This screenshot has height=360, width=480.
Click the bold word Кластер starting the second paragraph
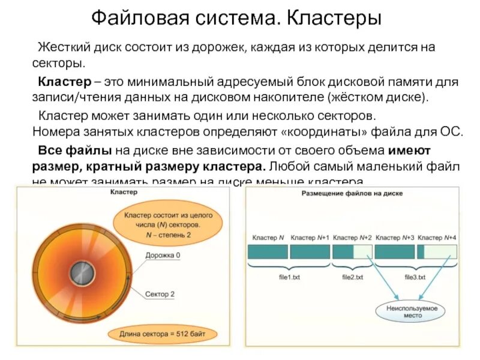pyautogui.click(x=59, y=81)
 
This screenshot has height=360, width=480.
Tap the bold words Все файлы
pyautogui.click(x=64, y=149)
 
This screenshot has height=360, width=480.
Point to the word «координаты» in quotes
pyautogui.click(x=325, y=132)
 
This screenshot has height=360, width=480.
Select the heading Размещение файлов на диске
pyautogui.click(x=352, y=194)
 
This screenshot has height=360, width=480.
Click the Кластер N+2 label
pyautogui.click(x=352, y=238)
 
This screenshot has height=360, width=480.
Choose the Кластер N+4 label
pyautogui.click(x=437, y=238)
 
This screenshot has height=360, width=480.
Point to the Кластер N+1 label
pyautogui.click(x=310, y=238)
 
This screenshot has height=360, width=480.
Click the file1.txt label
pyautogui.click(x=290, y=277)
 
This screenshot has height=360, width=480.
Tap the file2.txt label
pyautogui.click(x=352, y=277)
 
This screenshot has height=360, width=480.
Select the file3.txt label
pyautogui.click(x=415, y=277)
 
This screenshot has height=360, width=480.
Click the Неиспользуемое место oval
pyautogui.click(x=412, y=311)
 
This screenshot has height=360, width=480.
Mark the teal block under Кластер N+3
pyautogui.click(x=395, y=251)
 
